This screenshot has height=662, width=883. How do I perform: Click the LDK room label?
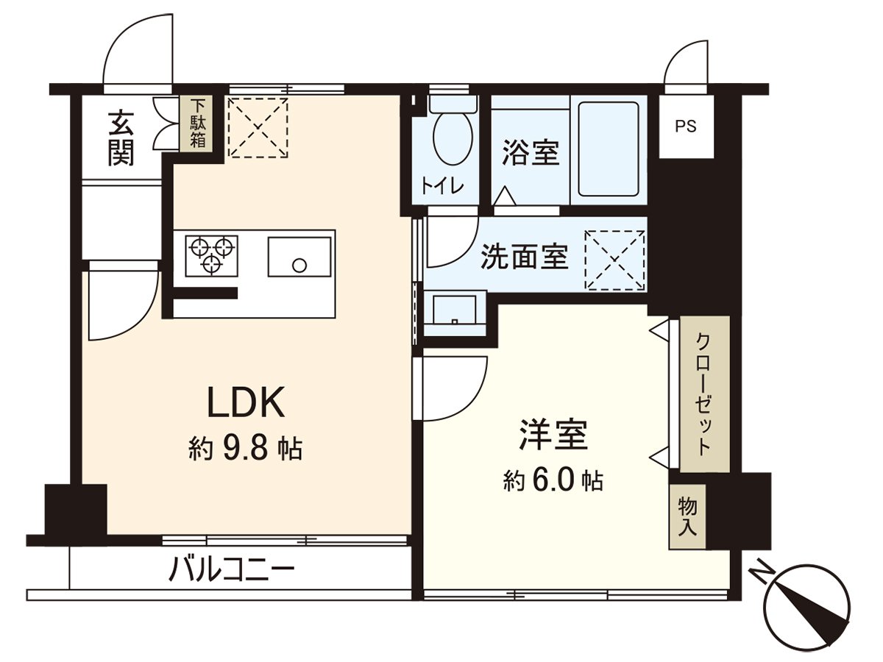(245, 402)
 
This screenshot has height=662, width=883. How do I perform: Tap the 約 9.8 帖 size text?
(245, 447)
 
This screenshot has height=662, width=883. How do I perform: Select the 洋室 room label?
(553, 435)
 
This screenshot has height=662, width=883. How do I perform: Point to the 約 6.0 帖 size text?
(553, 481)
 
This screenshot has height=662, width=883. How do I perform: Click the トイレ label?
(442, 186)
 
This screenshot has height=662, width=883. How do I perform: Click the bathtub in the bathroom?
(609, 149)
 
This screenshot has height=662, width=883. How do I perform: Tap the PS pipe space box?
(686, 126)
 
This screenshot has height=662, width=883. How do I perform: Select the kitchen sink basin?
(299, 257)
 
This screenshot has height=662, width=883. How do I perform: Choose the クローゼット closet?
(704, 394)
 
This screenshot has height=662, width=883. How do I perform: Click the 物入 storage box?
(687, 516)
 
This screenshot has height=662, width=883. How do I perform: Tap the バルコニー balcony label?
(232, 569)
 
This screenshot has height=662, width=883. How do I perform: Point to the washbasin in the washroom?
(455, 312)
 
